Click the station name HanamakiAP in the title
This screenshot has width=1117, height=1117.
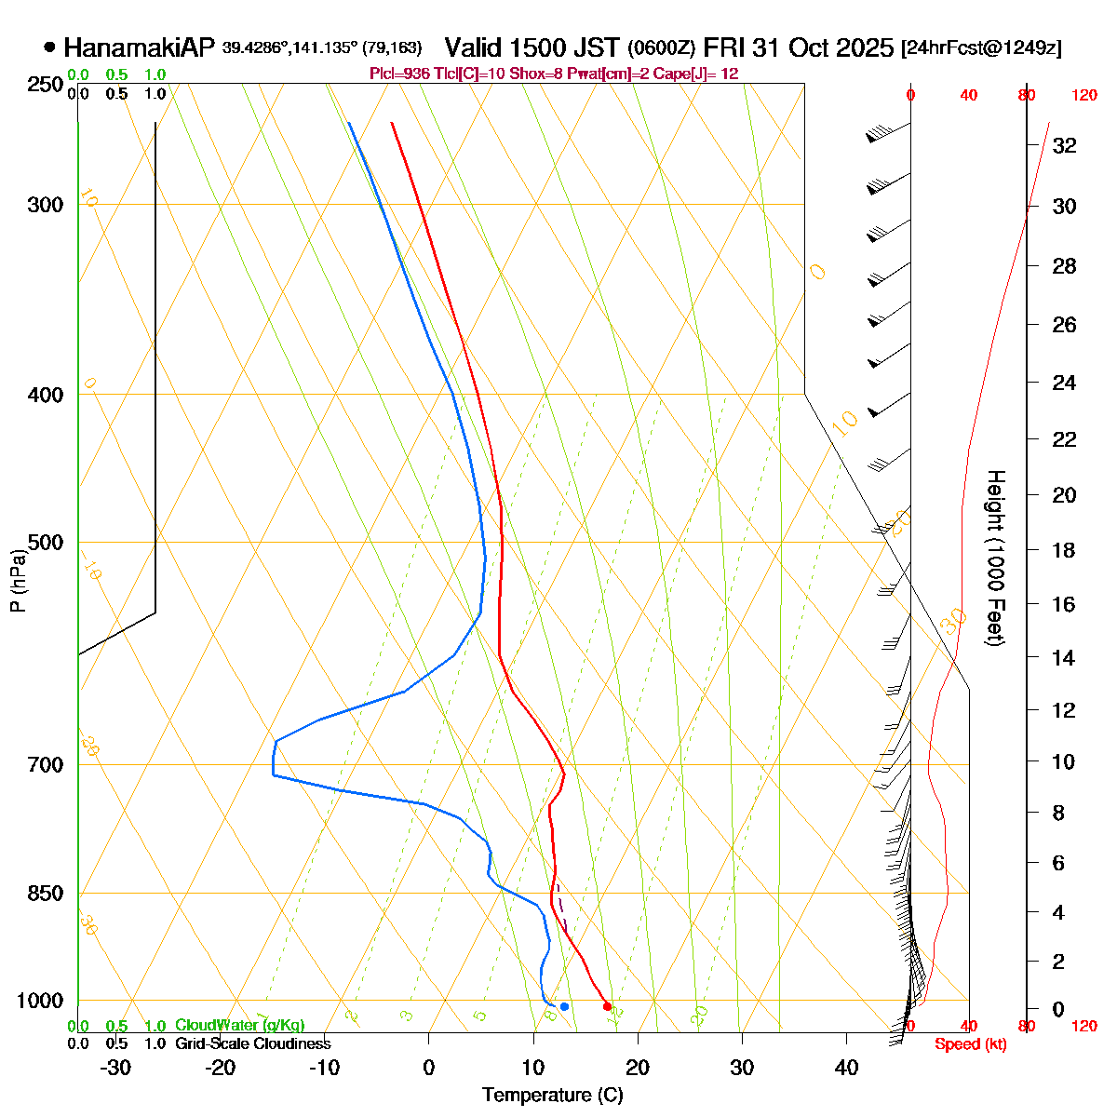tap(140, 47)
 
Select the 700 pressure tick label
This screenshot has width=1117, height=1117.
tap(46, 764)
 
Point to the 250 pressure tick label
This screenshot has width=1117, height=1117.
tap(46, 85)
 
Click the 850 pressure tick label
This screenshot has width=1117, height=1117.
tap(46, 893)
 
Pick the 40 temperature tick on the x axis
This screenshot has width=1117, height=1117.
tap(846, 1068)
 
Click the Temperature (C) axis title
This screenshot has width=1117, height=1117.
tap(553, 1096)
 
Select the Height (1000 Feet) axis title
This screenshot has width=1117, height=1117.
tap(995, 558)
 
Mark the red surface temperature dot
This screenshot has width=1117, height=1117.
tap(607, 1006)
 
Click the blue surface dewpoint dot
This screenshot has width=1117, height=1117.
tap(564, 1006)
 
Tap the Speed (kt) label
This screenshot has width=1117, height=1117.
tap(970, 1044)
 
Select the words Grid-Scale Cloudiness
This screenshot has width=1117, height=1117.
tap(252, 1044)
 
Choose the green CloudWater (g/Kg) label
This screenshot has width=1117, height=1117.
tap(239, 1026)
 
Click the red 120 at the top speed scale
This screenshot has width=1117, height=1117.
tap(1083, 95)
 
